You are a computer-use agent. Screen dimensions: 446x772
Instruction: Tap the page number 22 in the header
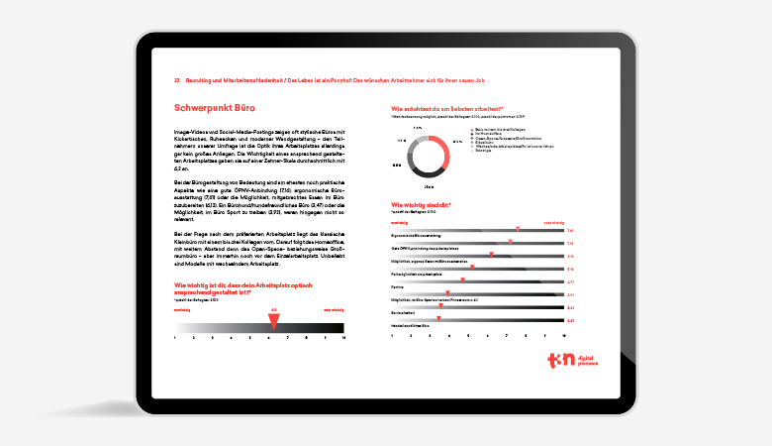click(176, 79)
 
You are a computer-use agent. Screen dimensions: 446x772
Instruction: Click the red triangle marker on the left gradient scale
click(274, 319)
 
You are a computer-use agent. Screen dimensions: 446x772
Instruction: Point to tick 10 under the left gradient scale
click(342, 338)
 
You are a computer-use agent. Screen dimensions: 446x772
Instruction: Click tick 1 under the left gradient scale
click(175, 338)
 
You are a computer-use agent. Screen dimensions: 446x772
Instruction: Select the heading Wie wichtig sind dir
click(422, 205)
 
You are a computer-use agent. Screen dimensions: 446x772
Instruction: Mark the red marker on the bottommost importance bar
click(440, 320)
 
